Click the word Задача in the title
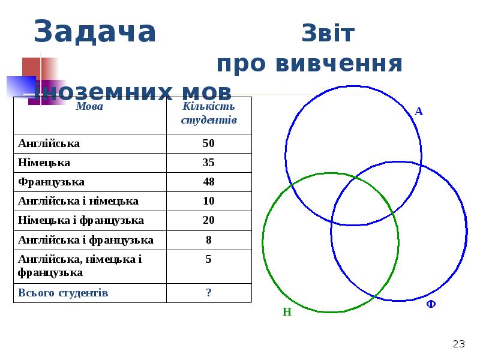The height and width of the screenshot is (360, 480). click(95, 32)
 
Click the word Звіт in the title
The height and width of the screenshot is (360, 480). click(328, 34)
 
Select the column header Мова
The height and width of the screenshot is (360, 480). click(89, 107)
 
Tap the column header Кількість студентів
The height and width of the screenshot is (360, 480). click(209, 113)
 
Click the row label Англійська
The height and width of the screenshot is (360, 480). click(49, 143)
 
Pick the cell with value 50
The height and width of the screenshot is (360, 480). click(209, 143)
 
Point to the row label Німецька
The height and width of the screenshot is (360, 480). click(44, 163)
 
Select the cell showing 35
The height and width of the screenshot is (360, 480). click(209, 163)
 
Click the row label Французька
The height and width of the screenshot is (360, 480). click(52, 182)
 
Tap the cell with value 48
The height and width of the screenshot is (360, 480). click(209, 182)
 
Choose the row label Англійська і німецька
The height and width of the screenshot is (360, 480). click(79, 201)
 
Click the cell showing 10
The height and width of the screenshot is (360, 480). click(209, 201)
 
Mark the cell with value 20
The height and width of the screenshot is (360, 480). click(209, 220)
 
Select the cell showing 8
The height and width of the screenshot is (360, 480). click(209, 240)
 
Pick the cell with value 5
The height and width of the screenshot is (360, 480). click(209, 260)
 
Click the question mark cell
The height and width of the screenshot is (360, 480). click(209, 293)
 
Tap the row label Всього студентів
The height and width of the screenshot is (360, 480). click(64, 293)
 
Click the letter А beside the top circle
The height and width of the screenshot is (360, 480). click(419, 112)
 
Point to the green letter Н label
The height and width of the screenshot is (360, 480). click(287, 312)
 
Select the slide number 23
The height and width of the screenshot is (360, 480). click(459, 344)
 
